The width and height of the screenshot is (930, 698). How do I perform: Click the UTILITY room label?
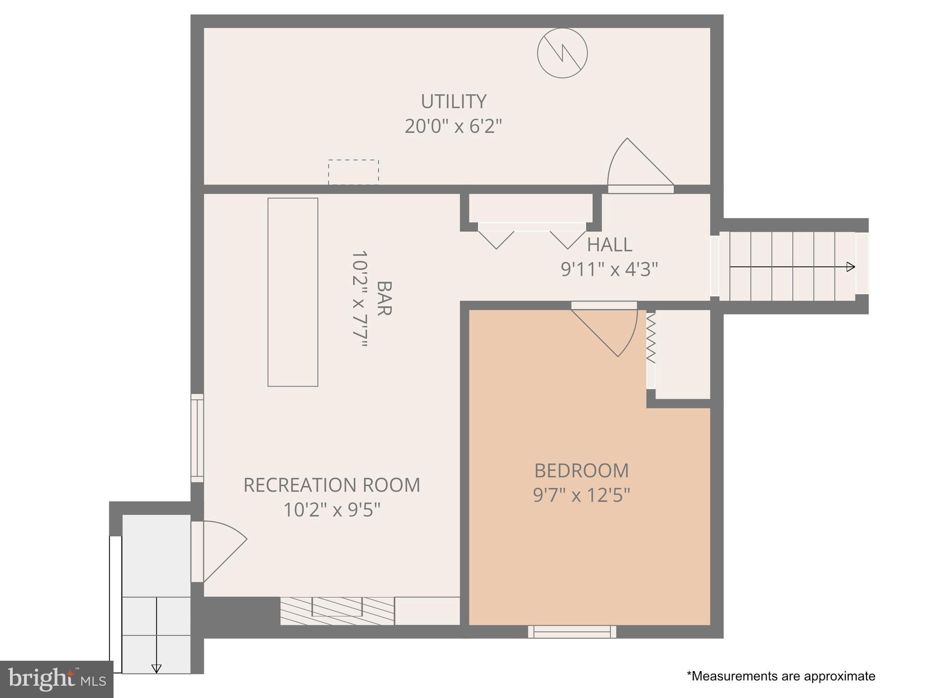(x=453, y=101)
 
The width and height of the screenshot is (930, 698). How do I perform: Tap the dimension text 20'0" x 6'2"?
(x=453, y=126)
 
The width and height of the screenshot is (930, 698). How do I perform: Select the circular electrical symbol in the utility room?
(x=562, y=53)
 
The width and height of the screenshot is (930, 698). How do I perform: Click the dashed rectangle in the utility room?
(x=353, y=172)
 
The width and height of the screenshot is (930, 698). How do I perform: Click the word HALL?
(x=609, y=245)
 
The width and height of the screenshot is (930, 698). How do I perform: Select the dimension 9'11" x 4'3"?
(x=609, y=269)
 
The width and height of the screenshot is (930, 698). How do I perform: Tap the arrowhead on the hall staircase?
(x=851, y=267)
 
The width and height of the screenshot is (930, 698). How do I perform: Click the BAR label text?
(x=384, y=298)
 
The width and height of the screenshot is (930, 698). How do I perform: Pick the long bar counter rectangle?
(x=292, y=292)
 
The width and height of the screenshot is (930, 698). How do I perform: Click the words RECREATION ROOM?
(x=331, y=485)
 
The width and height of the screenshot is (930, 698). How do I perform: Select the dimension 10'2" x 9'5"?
(x=331, y=510)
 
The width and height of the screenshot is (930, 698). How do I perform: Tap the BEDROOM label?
(x=581, y=471)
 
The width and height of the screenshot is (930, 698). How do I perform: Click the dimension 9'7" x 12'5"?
(x=581, y=495)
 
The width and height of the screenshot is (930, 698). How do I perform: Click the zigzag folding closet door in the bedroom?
(x=651, y=339)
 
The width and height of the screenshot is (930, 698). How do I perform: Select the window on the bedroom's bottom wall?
(x=572, y=632)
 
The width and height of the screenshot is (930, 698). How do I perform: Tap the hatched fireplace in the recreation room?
(x=337, y=611)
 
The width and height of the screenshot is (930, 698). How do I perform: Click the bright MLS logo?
(x=56, y=679)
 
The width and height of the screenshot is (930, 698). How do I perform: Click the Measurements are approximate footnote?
(x=781, y=676)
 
